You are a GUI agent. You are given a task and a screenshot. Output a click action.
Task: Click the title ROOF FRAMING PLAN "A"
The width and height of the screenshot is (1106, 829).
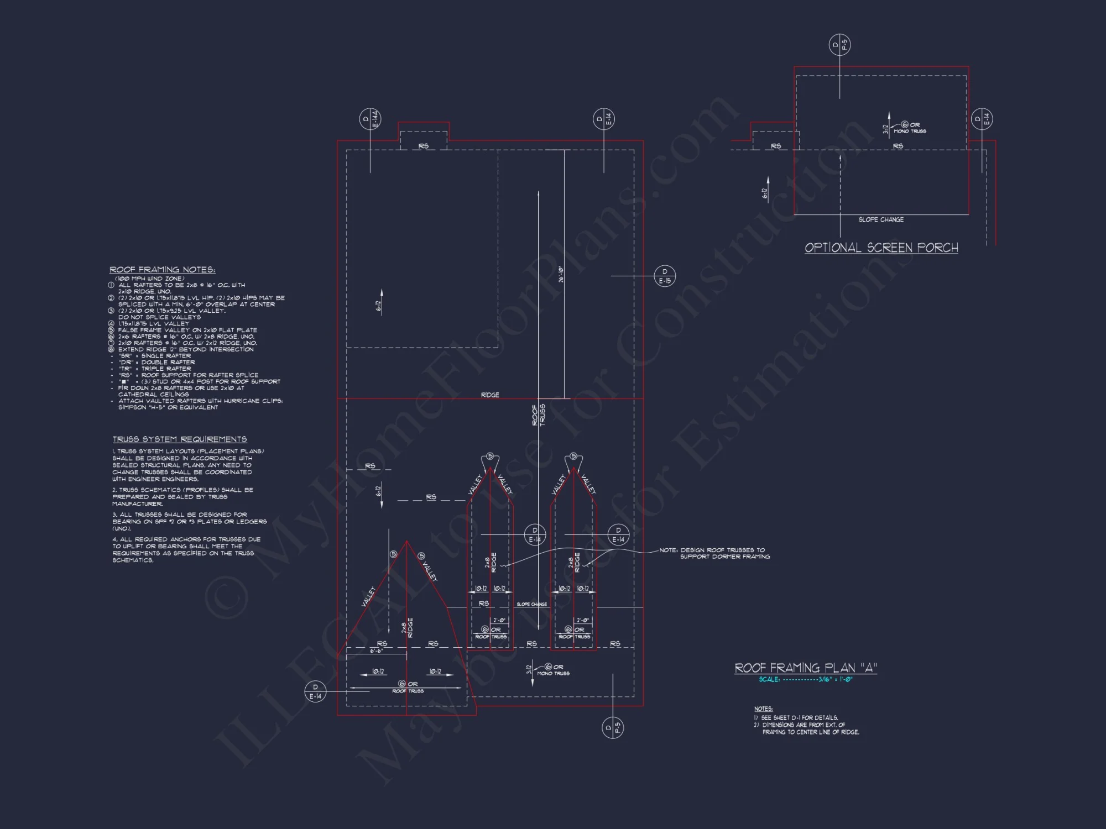click(806, 668)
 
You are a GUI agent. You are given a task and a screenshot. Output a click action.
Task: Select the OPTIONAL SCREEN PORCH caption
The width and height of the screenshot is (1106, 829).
click(881, 248)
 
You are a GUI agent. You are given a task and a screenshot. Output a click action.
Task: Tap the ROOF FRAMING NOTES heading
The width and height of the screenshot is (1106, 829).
click(163, 270)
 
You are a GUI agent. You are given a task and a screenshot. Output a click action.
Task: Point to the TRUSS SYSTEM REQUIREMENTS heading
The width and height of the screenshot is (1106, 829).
click(180, 439)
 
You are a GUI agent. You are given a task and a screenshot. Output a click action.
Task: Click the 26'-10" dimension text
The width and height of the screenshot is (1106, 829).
click(561, 275)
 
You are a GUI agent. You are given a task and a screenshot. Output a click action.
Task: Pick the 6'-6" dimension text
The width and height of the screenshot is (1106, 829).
click(377, 651)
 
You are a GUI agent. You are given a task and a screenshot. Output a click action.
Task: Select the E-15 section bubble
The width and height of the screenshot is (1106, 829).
click(665, 276)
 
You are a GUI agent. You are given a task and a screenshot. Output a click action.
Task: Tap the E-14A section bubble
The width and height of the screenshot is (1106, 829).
click(370, 120)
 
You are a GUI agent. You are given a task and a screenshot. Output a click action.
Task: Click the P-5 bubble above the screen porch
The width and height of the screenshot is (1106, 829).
click(839, 45)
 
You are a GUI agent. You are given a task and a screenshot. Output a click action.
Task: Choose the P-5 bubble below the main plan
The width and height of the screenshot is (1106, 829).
click(613, 727)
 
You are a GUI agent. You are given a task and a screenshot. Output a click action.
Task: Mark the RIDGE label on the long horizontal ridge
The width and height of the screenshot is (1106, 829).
click(490, 395)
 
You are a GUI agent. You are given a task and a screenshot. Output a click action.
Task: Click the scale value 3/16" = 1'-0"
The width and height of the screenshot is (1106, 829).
click(835, 679)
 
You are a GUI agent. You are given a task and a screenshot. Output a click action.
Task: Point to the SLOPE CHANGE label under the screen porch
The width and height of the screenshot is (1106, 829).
click(881, 219)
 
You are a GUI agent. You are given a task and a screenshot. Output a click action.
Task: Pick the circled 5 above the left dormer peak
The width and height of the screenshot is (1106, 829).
click(489, 456)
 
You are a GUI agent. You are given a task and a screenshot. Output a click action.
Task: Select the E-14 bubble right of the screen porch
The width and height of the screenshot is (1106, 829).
click(982, 119)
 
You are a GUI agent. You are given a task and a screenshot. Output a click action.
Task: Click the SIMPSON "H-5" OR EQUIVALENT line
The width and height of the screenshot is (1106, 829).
click(168, 407)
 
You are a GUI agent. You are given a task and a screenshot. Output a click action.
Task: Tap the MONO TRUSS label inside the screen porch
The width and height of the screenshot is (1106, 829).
click(910, 132)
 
